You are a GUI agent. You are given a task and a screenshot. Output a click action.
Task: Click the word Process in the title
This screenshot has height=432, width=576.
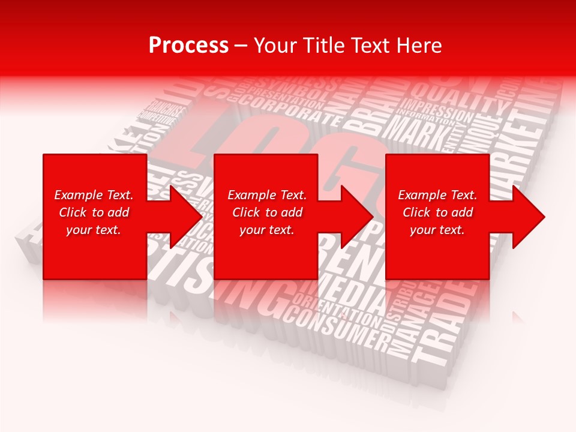point(188,46)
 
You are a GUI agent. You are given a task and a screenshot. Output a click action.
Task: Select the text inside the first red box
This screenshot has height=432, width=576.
point(94,212)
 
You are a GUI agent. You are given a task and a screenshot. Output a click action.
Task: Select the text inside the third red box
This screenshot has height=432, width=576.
point(437,212)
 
